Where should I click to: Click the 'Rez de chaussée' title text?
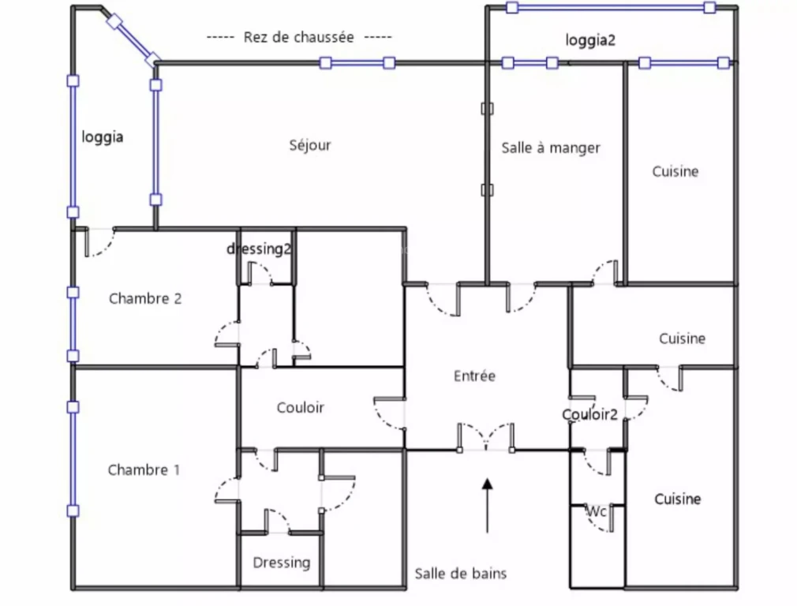299,37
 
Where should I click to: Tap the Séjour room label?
310,145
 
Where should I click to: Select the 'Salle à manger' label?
551,148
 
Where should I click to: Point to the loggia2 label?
590,40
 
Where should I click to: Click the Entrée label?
474,376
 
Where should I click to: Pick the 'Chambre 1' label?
144,469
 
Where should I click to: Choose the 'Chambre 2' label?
145,298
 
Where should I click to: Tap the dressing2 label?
259,249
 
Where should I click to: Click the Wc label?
597,511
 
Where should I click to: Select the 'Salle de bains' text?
461,574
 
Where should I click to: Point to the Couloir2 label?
589,415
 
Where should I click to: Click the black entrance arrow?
487,505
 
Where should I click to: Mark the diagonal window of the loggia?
133,42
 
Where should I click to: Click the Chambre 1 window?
73,459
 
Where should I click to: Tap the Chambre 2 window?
73,324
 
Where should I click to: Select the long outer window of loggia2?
611,8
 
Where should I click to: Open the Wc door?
604,518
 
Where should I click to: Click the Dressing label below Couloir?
282,563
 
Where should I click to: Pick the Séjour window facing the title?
357,63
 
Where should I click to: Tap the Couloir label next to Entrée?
301,407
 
